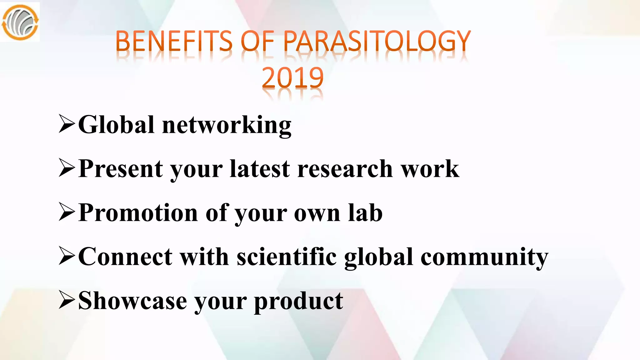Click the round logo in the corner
pyautogui.click(x=20, y=22)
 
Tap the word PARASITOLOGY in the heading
pyautogui.click(x=377, y=41)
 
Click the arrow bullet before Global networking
pyautogui.click(x=67, y=125)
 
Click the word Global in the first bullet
pyautogui.click(x=116, y=125)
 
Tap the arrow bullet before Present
pyautogui.click(x=67, y=168)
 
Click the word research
pyautogui.click(x=345, y=169)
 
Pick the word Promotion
pyautogui.click(x=138, y=213)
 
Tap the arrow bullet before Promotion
pyautogui.click(x=67, y=213)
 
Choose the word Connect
pyautogui.click(x=125, y=257)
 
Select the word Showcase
pyautogui.click(x=132, y=301)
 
